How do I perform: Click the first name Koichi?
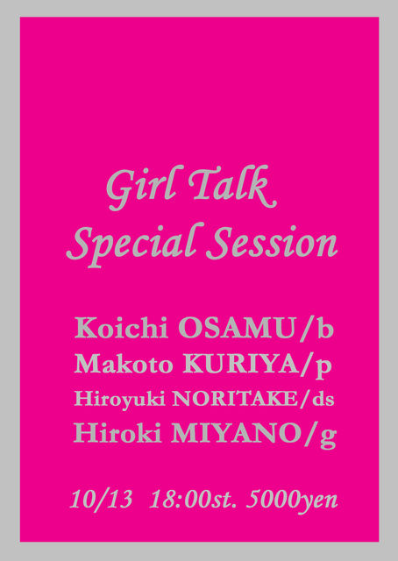pyautogui.click(x=121, y=328)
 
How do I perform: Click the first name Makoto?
pyautogui.click(x=124, y=365)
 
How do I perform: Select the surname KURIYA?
pyautogui.click(x=240, y=365)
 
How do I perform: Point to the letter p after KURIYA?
pyautogui.click(x=323, y=368)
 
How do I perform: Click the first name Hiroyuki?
pyautogui.click(x=119, y=400)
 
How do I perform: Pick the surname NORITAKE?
pyautogui.click(x=234, y=399)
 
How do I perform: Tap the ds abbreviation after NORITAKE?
pyautogui.click(x=323, y=399)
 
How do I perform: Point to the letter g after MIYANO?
pyautogui.click(x=328, y=437)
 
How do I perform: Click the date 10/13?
pyautogui.click(x=101, y=499)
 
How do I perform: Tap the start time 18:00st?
pyautogui.click(x=193, y=499)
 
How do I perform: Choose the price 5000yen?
pyautogui.click(x=292, y=501)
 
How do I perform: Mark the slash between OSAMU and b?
pyautogui.click(x=306, y=330)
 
